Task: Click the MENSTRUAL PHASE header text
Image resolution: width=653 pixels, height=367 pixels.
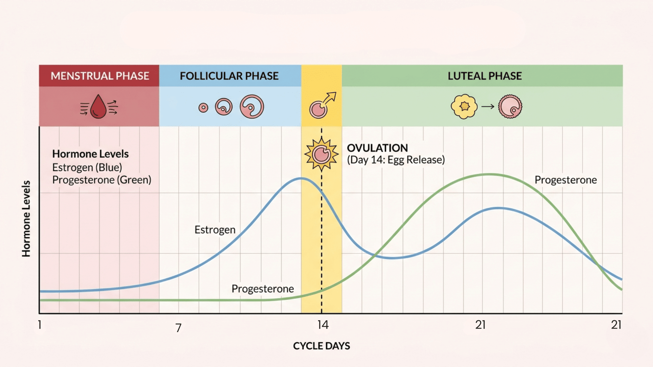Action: [100, 76]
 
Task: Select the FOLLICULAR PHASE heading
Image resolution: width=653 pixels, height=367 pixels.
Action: [229, 76]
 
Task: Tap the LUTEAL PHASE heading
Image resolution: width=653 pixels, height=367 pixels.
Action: [485, 76]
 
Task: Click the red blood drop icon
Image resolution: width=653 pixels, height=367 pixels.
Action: [99, 107]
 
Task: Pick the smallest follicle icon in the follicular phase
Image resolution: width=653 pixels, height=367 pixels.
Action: [203, 108]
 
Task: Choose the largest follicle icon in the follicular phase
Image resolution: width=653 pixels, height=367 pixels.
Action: [252, 106]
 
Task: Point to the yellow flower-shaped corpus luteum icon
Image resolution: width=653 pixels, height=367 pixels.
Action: [464, 106]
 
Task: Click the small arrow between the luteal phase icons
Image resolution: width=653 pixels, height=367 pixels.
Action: [488, 106]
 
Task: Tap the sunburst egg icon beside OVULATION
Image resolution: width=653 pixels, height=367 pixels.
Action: [322, 154]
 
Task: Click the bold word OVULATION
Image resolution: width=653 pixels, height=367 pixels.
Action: [377, 148]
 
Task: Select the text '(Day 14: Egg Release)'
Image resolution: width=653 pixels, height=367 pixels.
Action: [396, 160]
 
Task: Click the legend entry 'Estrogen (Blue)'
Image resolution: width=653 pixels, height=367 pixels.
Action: [87, 167]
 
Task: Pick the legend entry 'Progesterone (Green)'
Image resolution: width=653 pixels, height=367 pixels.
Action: [102, 180]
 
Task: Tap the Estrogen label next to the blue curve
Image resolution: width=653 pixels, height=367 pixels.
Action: [215, 230]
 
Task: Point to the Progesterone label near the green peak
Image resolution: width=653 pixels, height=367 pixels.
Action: [565, 180]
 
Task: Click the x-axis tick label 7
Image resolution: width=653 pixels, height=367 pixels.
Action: [178, 328]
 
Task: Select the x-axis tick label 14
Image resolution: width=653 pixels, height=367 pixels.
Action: [323, 325]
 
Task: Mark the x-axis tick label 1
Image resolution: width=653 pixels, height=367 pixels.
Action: [40, 325]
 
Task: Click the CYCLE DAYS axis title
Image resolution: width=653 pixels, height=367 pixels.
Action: [321, 346]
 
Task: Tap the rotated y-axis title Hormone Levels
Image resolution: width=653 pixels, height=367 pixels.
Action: [26, 219]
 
